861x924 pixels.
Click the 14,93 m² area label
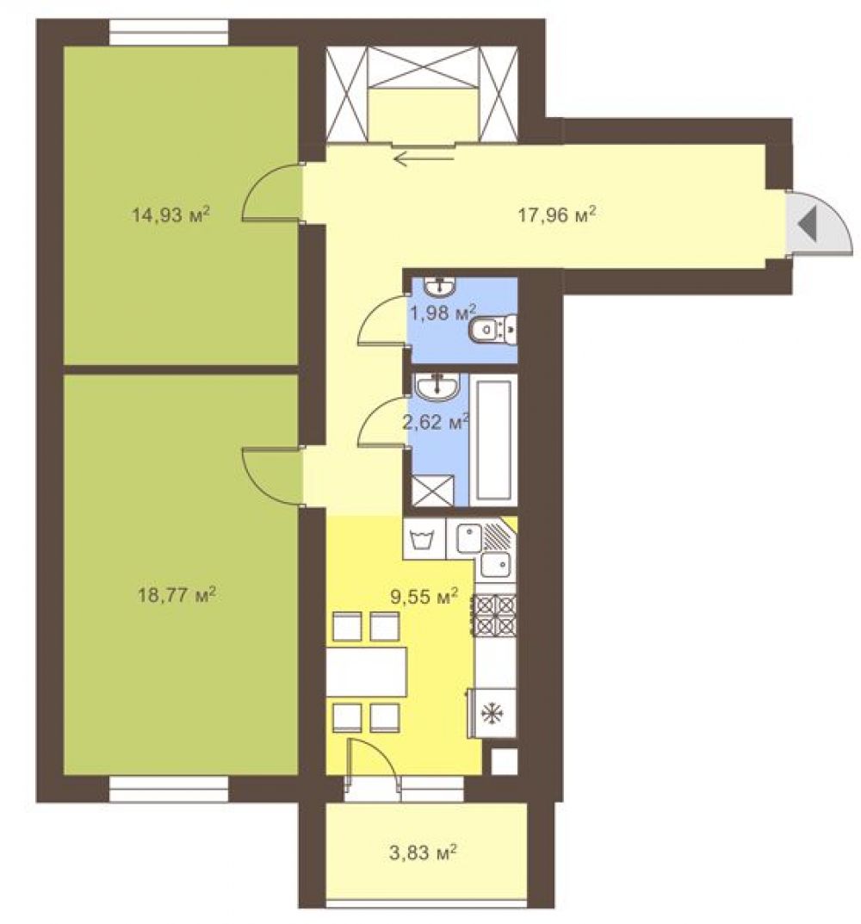(x=170, y=214)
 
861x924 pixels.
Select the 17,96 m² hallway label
(x=557, y=214)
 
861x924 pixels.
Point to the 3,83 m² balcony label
(x=423, y=853)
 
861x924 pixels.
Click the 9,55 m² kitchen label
(x=424, y=598)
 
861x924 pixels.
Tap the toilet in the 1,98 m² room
(x=492, y=329)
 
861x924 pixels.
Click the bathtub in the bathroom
(x=493, y=439)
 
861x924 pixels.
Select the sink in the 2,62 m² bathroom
(x=437, y=386)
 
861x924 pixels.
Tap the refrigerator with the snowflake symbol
(x=492, y=712)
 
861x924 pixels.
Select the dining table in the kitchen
(x=367, y=671)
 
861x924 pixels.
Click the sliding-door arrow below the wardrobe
(x=424, y=158)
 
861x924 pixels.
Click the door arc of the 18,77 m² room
(x=272, y=477)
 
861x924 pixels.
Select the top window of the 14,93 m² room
(x=169, y=32)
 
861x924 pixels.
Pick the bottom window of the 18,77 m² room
(x=169, y=789)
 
